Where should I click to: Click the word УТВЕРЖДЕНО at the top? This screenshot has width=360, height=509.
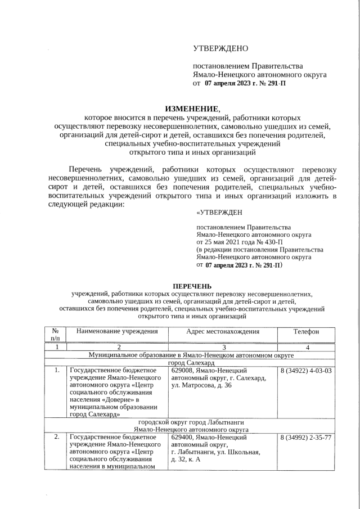[220, 49]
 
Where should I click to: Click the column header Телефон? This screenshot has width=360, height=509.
[306, 332]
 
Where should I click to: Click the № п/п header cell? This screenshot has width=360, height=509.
[56, 335]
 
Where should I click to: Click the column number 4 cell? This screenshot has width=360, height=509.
[306, 348]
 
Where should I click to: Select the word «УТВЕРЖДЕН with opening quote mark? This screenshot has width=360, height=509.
[219, 213]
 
